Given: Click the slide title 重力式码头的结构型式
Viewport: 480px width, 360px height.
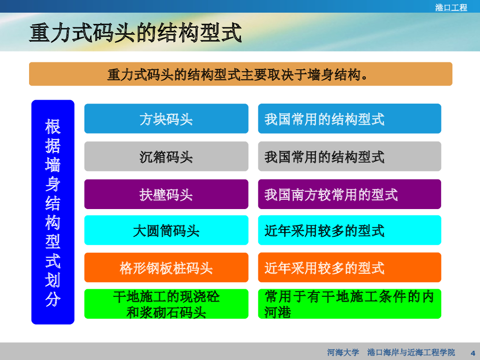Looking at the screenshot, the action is (x=135, y=33).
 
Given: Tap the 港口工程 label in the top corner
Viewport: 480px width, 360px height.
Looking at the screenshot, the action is (x=451, y=7).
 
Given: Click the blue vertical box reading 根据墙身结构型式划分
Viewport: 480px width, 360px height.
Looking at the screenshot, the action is (x=53, y=212).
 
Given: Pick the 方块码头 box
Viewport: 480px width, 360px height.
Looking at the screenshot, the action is (x=166, y=119).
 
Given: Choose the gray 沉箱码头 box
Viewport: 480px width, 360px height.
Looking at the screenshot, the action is (x=166, y=157).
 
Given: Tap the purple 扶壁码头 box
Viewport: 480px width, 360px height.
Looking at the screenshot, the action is (x=166, y=194).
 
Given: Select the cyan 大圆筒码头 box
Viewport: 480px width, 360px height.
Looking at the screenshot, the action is (x=166, y=230).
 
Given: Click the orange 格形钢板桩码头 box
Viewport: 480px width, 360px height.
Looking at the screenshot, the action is (x=166, y=267).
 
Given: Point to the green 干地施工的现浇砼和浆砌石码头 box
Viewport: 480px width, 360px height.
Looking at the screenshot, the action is (x=166, y=304).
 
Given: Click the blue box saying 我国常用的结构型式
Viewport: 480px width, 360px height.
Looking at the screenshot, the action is (x=350, y=119).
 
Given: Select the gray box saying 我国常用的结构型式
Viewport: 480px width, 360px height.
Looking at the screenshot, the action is (x=350, y=157).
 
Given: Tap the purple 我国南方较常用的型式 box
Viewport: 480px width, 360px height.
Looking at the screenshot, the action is (x=350, y=194).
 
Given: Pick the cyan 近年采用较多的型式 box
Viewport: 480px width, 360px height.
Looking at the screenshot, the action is (x=350, y=230).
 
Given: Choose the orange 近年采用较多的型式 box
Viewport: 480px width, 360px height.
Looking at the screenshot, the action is (x=350, y=267).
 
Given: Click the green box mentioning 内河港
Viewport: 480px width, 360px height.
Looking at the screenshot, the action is (x=350, y=304).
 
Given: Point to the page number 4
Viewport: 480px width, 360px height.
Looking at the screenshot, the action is (x=472, y=352).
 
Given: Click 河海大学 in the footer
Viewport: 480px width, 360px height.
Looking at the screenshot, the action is (x=343, y=352).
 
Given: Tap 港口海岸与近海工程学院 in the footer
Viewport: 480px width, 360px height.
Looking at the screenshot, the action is (x=411, y=352).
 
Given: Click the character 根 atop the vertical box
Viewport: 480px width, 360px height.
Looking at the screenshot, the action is (x=53, y=127).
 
